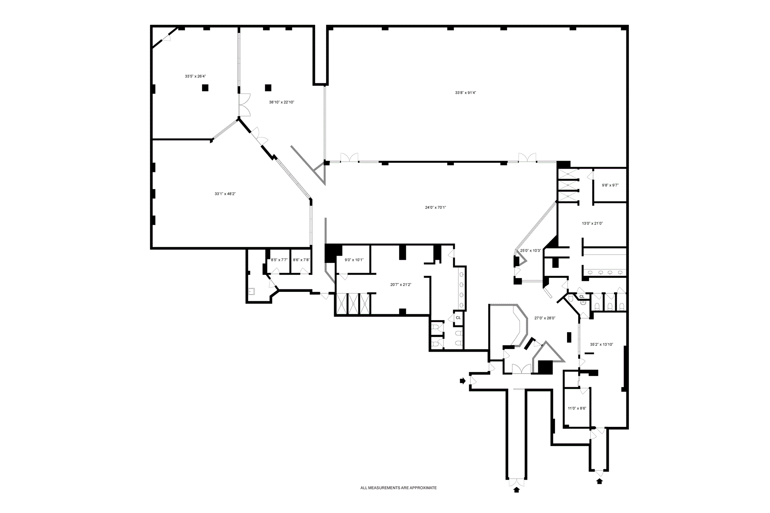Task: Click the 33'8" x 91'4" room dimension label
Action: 465,93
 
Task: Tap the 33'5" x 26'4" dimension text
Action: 195,76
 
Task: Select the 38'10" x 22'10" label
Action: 282,102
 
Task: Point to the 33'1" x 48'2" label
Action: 225,194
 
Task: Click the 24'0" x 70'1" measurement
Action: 436,208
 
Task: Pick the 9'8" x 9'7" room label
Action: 610,186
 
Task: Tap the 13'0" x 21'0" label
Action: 592,224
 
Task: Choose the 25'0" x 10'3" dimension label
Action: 530,251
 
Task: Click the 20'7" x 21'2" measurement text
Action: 401,285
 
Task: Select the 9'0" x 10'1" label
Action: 354,260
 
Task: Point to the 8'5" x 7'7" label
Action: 279,260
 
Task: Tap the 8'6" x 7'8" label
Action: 301,260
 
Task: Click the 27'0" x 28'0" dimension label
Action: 545,318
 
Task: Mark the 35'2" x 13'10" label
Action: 602,344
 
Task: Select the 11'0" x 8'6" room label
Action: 577,408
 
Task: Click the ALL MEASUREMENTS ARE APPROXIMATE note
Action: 398,488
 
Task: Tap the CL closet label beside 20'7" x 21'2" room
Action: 458,318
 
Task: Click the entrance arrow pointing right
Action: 462,381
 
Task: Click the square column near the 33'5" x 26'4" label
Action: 205,87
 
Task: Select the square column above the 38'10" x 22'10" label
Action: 268,87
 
